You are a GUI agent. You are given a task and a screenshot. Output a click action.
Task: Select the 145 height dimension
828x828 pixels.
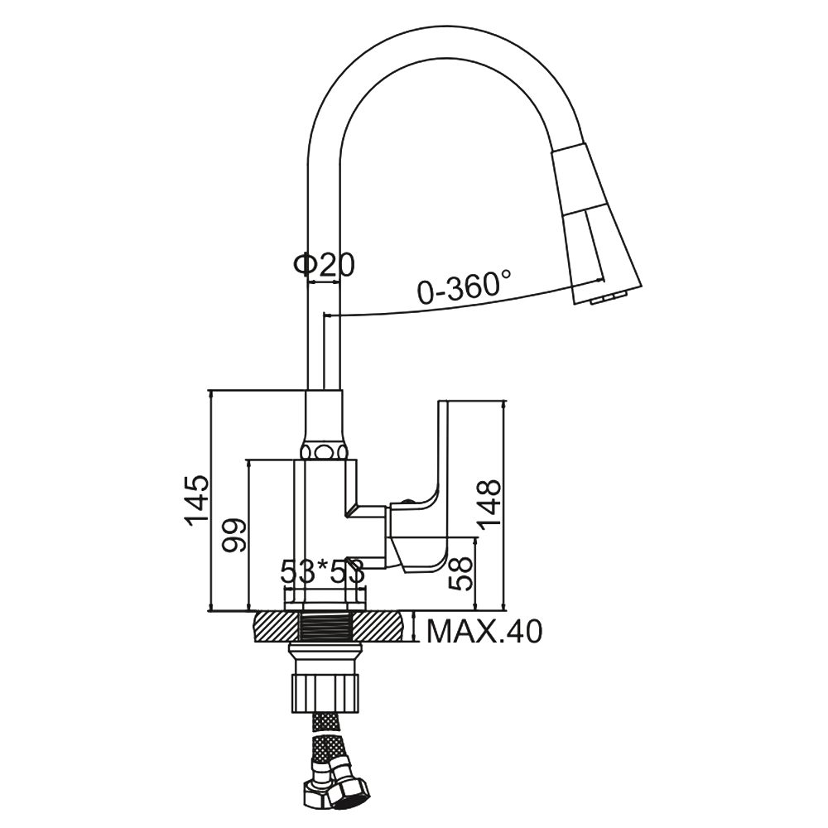point(197,500)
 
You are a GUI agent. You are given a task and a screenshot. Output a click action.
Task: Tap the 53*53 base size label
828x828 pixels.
point(323,572)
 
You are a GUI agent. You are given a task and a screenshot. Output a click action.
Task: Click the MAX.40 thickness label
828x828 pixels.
point(484,631)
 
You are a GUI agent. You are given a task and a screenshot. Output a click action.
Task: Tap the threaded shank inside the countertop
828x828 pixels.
point(326,626)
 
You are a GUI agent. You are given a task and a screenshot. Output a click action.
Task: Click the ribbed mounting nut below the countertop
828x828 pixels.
point(325,691)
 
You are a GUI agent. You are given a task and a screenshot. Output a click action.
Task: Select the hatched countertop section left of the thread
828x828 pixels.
point(277,626)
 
